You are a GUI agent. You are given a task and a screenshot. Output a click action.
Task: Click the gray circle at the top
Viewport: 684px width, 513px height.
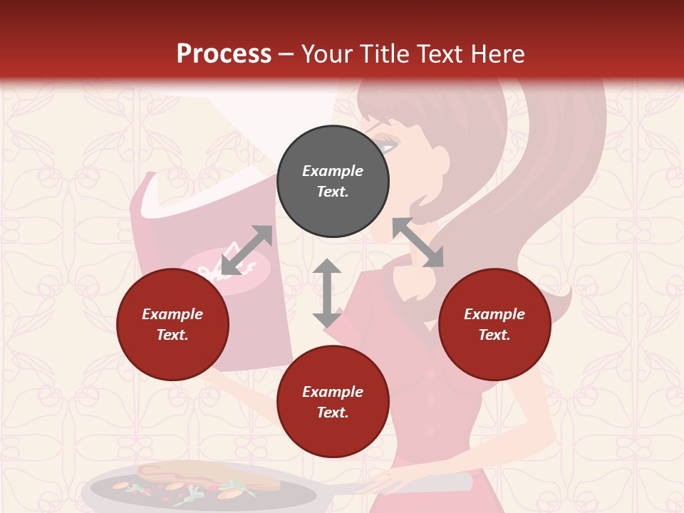coord(333,182)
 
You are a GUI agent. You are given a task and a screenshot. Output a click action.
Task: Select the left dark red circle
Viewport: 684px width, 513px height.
coord(172,325)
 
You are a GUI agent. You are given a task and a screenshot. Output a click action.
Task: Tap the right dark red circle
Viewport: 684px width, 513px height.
coord(494,325)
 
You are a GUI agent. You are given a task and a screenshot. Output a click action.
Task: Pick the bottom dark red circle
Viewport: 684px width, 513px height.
coord(333,402)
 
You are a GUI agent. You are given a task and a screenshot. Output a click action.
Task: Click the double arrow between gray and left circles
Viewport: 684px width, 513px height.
coord(247,250)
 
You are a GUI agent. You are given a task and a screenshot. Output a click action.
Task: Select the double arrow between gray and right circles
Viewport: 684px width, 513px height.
coord(418,242)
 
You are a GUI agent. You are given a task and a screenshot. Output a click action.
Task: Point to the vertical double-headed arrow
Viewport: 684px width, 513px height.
coord(327,293)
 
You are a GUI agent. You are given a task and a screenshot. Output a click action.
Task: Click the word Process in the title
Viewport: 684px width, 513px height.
coord(224,54)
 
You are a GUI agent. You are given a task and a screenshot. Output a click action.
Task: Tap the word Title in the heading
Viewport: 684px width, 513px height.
coord(386,54)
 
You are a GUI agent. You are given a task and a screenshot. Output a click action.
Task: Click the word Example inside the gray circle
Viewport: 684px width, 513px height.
coord(333,171)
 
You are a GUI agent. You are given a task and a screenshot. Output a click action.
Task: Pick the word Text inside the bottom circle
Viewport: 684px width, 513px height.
coord(332,413)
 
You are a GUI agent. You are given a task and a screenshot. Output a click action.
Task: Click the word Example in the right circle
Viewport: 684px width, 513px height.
coord(494,314)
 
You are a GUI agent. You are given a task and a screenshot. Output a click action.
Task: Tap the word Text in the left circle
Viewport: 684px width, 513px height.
coord(172,335)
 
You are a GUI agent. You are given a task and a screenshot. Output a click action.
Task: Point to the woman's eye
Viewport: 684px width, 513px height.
coord(388,146)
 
